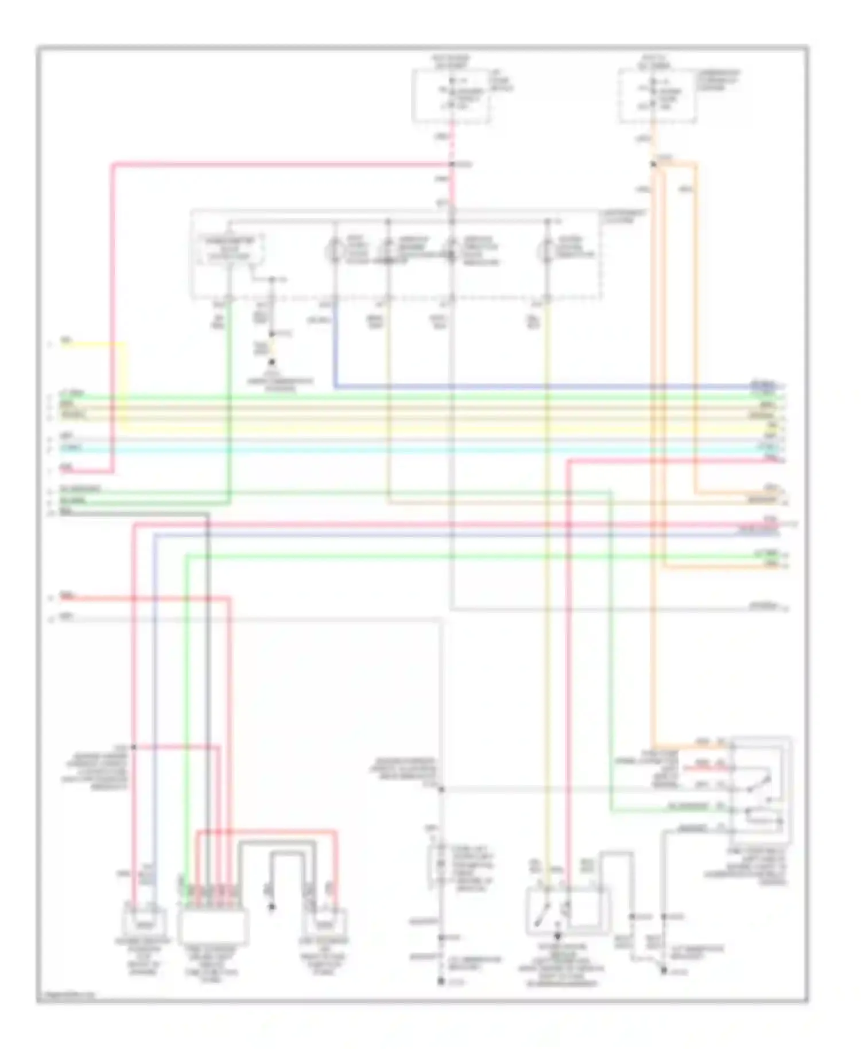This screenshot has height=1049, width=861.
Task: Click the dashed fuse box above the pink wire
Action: pyautogui.click(x=451, y=96)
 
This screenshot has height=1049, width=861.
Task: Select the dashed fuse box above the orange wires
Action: pyautogui.click(x=658, y=96)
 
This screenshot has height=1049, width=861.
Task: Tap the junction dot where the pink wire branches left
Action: pyautogui.click(x=452, y=165)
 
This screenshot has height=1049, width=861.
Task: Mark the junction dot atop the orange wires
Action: pyautogui.click(x=653, y=165)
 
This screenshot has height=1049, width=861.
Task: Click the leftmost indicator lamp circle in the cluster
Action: pyautogui.click(x=335, y=251)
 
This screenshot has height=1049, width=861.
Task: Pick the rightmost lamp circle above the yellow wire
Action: pyautogui.click(x=546, y=251)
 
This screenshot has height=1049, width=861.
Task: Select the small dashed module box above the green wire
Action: pyautogui.click(x=230, y=250)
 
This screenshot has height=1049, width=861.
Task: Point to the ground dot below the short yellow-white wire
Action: pyautogui.click(x=272, y=362)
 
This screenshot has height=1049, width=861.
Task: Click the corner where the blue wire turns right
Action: pyautogui.click(x=335, y=387)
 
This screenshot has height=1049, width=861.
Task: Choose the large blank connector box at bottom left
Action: pyautogui.click(x=214, y=926)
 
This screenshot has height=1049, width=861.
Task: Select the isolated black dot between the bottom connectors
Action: pyautogui.click(x=272, y=907)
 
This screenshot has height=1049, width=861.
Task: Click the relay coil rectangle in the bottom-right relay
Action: pyautogui.click(x=762, y=819)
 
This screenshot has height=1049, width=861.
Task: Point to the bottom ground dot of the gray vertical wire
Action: pyautogui.click(x=441, y=982)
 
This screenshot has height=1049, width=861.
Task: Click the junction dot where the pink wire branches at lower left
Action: pyautogui.click(x=133, y=747)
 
